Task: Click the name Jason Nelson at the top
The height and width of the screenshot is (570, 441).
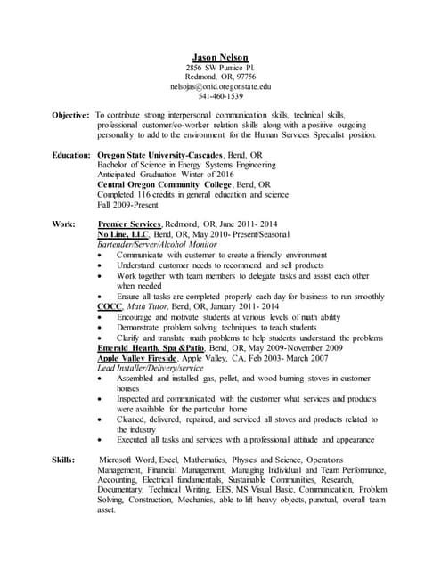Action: (220, 56)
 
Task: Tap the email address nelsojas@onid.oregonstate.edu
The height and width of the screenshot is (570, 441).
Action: (220, 86)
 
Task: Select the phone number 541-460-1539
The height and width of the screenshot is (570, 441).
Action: (220, 96)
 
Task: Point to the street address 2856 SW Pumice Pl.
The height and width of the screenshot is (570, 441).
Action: (220, 67)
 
